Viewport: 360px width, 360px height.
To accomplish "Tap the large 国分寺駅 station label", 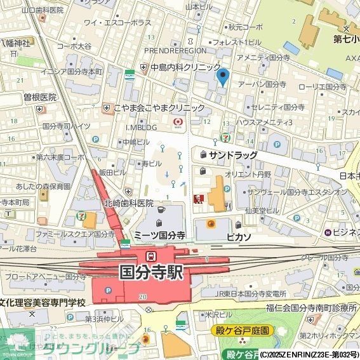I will click(x=151, y=272).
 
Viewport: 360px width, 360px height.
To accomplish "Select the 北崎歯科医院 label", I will click(x=129, y=203).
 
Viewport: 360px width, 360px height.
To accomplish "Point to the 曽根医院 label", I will click(x=40, y=97).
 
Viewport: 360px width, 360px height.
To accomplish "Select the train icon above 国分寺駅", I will click(x=151, y=256).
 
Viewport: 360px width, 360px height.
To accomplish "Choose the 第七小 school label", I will click(x=347, y=39).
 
